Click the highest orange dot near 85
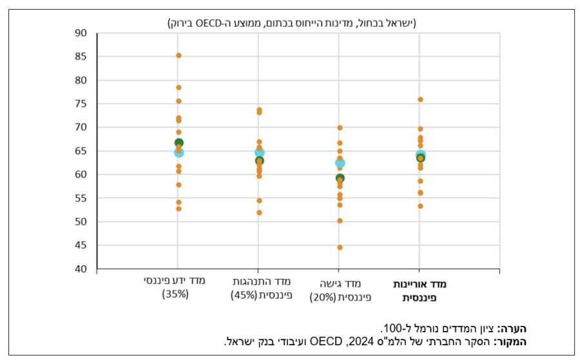(x=179, y=55)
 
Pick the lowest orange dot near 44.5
(x=340, y=247)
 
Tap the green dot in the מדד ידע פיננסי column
(x=179, y=143)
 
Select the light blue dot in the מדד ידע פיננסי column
(x=179, y=152)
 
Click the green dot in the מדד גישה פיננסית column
(x=340, y=178)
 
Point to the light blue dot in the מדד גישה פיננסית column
(x=340, y=164)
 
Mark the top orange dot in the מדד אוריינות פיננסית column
(x=420, y=99)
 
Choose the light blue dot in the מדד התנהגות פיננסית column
(x=259, y=153)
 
